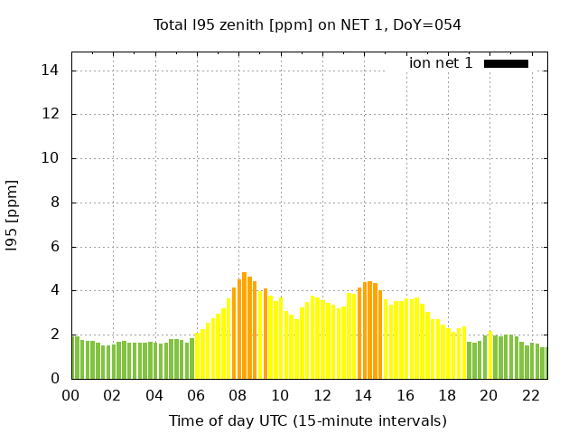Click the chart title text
click(307, 25)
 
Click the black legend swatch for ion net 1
click(506, 63)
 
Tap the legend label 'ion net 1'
click(441, 63)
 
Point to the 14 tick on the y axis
click(52, 71)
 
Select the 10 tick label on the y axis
click(52, 158)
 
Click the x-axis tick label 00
click(70, 395)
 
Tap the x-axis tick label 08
click(238, 395)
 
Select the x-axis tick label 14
click(363, 395)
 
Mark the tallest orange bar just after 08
click(244, 325)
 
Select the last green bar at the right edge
click(545, 363)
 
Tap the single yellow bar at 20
click(490, 355)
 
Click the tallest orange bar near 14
click(369, 330)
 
